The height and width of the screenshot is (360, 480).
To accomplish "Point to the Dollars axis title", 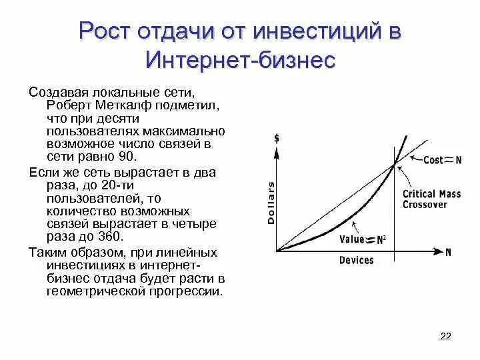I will click(x=271, y=200).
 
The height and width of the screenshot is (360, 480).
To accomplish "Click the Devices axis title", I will click(x=357, y=260).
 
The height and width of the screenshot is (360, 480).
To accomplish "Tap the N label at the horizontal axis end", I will click(x=449, y=251).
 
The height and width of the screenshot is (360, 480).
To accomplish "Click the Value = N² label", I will click(x=362, y=239).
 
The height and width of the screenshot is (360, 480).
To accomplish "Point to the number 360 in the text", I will click(x=111, y=236).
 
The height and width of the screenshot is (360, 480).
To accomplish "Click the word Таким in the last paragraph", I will click(x=47, y=252).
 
